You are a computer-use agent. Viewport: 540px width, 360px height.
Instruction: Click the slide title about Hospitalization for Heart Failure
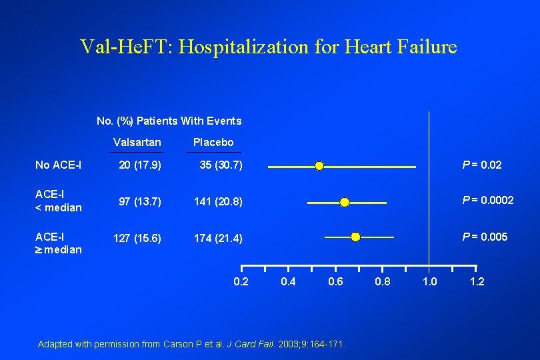tap(269, 47)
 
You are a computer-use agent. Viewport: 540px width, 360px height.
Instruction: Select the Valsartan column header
tap(137, 142)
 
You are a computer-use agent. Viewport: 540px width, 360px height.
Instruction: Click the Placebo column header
tap(213, 142)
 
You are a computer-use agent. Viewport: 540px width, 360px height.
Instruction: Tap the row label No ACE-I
tap(59, 165)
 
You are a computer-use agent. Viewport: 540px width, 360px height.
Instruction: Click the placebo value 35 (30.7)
tap(221, 165)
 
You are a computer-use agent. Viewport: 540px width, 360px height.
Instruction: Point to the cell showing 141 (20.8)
tap(218, 201)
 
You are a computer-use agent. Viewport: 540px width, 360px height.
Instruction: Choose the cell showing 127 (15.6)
tap(137, 238)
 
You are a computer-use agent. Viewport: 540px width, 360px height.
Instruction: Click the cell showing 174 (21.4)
tap(218, 238)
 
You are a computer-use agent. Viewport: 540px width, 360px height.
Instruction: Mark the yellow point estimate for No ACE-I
tap(319, 165)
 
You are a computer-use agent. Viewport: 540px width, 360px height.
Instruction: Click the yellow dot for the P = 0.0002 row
tap(345, 202)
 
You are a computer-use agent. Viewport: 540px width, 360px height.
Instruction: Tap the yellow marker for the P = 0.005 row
tap(355, 237)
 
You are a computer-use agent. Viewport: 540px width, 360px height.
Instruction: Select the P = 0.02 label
tap(483, 165)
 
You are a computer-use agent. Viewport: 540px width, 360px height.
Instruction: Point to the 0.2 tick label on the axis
tap(241, 281)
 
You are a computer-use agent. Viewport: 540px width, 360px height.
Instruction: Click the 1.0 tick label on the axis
tap(430, 281)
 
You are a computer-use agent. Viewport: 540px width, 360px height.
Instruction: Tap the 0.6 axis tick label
tap(335, 281)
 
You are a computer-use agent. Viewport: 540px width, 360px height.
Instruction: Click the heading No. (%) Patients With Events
tap(169, 121)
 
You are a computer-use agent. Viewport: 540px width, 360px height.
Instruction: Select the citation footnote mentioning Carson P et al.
tap(193, 344)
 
